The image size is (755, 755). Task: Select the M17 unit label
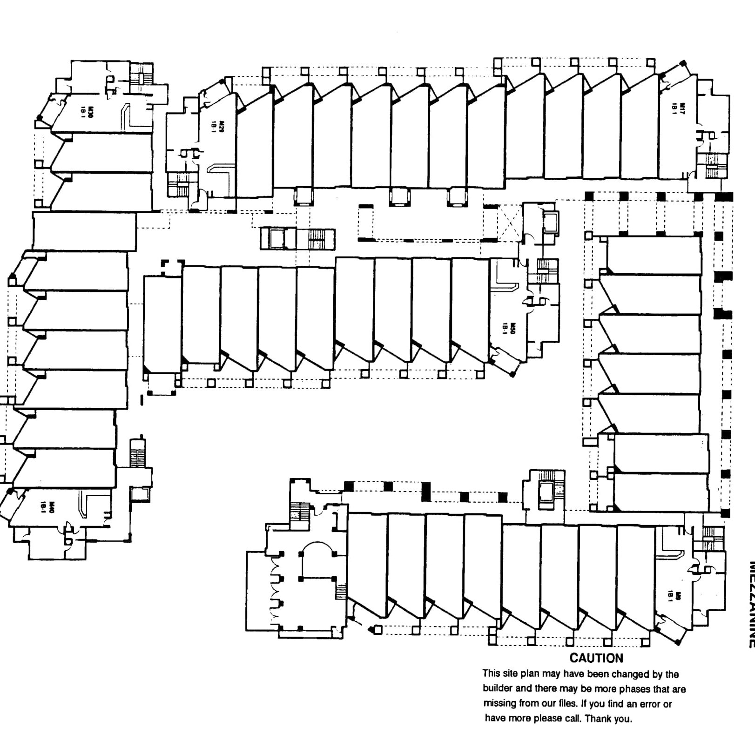pos(682,108)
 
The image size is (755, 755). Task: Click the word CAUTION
pos(596,658)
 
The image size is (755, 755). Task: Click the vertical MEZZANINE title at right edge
pos(750,605)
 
